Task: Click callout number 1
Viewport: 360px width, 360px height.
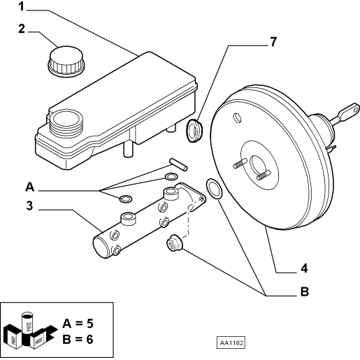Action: [22, 6]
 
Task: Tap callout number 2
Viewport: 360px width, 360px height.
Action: [22, 29]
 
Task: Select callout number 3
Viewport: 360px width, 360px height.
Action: [29, 206]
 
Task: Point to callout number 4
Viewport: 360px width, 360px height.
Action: [304, 268]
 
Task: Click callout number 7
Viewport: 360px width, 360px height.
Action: [273, 42]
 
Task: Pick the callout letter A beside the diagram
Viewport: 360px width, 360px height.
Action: [30, 187]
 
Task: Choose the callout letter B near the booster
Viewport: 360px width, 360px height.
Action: [305, 291]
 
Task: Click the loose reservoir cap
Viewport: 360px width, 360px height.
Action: [66, 62]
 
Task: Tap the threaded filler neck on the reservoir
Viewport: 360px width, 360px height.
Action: [66, 124]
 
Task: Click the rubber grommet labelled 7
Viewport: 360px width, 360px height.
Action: [194, 131]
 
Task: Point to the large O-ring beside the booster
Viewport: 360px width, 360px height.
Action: [214, 189]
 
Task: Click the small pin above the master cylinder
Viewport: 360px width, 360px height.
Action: [178, 164]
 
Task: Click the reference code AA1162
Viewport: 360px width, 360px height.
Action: [231, 343]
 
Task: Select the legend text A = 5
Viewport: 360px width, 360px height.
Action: [78, 324]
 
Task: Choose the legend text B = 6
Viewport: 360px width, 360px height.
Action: [78, 339]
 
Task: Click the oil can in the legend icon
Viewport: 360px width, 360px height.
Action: [27, 324]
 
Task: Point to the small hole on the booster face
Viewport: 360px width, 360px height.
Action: [238, 117]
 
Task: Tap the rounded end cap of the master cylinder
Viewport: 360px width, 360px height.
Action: [100, 247]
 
